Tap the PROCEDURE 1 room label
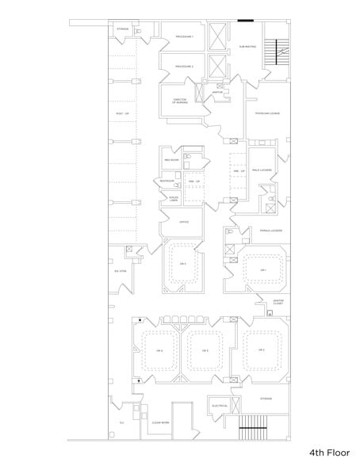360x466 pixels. tap(185, 37)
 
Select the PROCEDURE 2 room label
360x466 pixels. tap(185, 67)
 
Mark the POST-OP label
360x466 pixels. tap(121, 114)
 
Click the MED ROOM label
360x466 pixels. tap(173, 160)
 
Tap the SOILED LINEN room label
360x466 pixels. tap(173, 198)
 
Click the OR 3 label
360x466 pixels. tap(205, 349)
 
